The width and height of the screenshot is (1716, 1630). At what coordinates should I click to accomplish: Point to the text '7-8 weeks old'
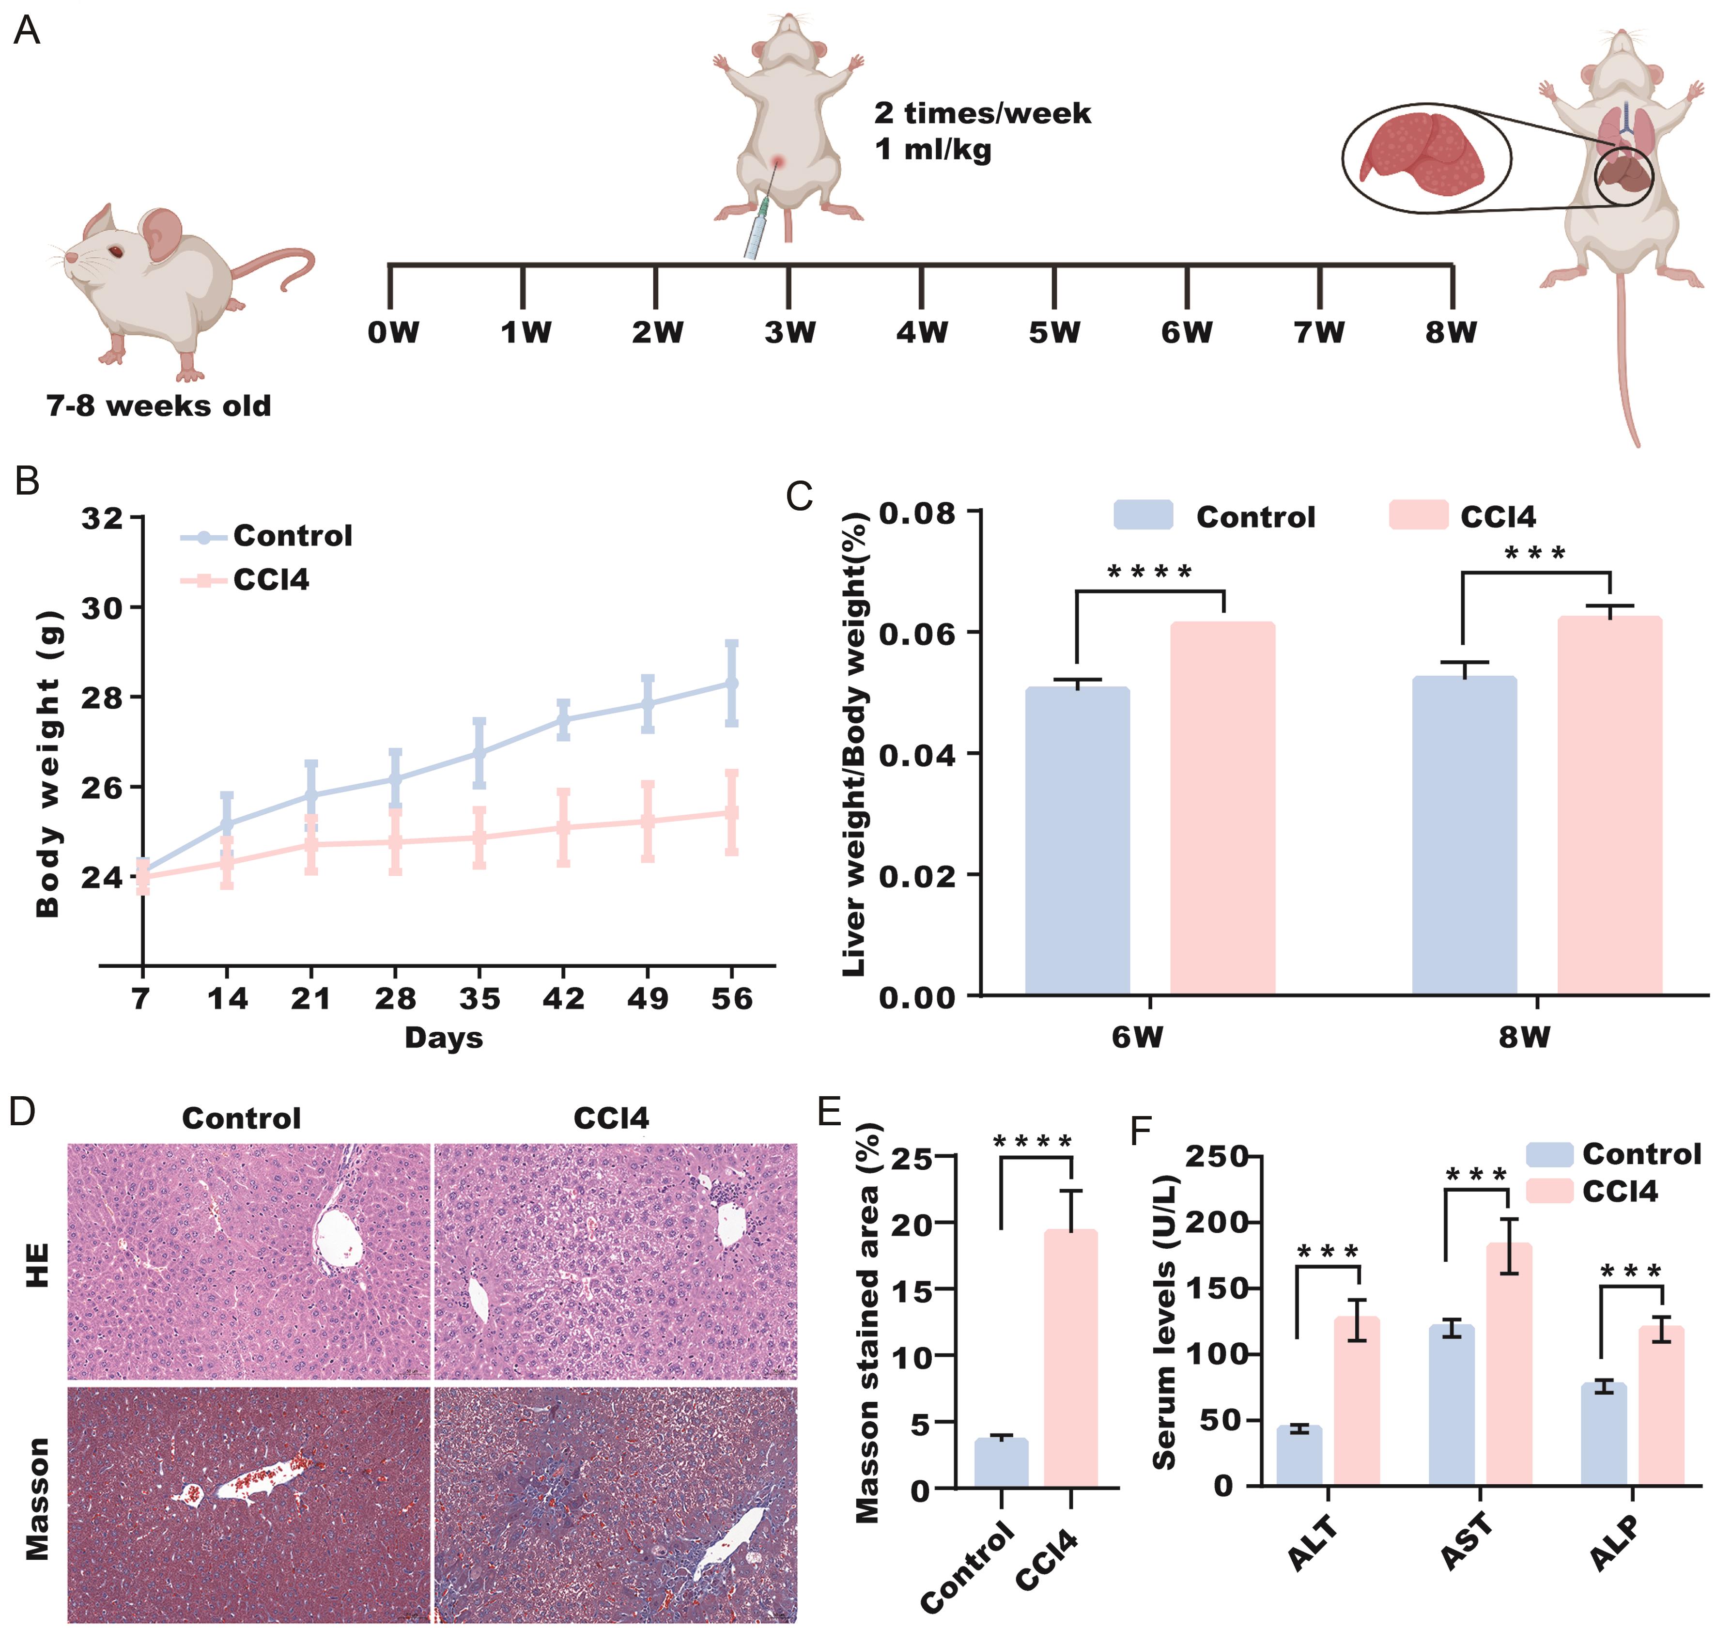(159, 406)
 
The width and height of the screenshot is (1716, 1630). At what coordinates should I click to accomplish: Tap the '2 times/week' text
(982, 113)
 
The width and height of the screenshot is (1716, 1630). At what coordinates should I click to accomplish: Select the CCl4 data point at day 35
(479, 838)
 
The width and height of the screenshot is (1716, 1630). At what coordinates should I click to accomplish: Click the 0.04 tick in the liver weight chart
(917, 754)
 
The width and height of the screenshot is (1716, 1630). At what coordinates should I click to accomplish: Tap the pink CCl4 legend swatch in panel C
(1418, 515)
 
